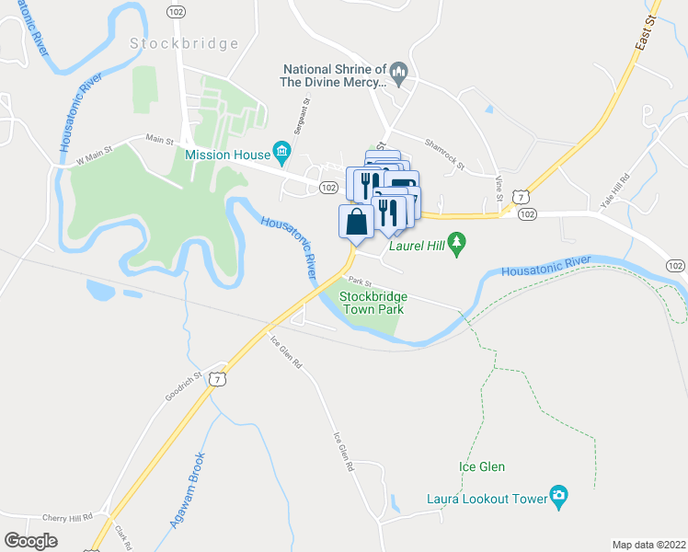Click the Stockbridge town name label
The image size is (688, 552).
point(184,43)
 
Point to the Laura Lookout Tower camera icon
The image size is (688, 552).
point(558,499)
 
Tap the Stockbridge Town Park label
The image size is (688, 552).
point(373,303)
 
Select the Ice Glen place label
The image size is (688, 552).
point(482,466)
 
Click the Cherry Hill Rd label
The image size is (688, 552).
point(68,518)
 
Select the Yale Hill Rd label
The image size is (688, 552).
point(614,190)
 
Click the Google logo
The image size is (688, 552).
point(30,541)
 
